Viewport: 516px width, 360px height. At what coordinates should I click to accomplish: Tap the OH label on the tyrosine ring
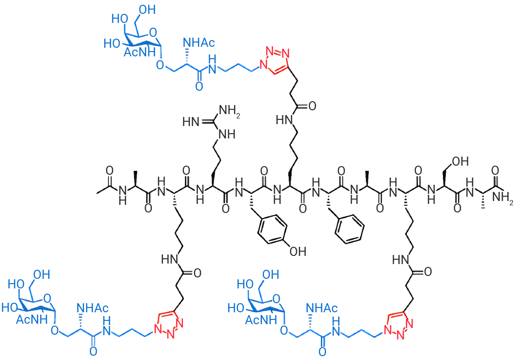pos(298,252)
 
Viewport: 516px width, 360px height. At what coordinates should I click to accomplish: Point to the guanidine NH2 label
pos(230,110)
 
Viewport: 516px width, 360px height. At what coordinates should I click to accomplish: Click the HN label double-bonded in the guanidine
pos(191,122)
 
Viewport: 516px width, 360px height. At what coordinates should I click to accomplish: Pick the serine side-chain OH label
pos(461,161)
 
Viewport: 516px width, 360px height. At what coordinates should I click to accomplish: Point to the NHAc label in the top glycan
pos(199,42)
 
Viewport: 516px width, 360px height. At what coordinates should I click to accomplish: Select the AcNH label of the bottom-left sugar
pos(32,319)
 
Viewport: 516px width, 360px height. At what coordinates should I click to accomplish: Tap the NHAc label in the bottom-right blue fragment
pos(322,308)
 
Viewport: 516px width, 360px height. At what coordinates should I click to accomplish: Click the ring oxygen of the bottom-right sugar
pos(277,298)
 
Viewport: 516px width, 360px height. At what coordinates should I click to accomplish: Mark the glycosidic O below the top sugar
pos(160,65)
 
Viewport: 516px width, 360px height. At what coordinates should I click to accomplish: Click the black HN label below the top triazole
pos(284,120)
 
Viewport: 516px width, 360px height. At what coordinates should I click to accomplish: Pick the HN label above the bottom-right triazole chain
pos(400,260)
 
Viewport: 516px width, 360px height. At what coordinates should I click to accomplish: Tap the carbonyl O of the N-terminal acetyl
pos(109,170)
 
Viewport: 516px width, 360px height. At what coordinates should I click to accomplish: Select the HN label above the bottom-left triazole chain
pos(170,259)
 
